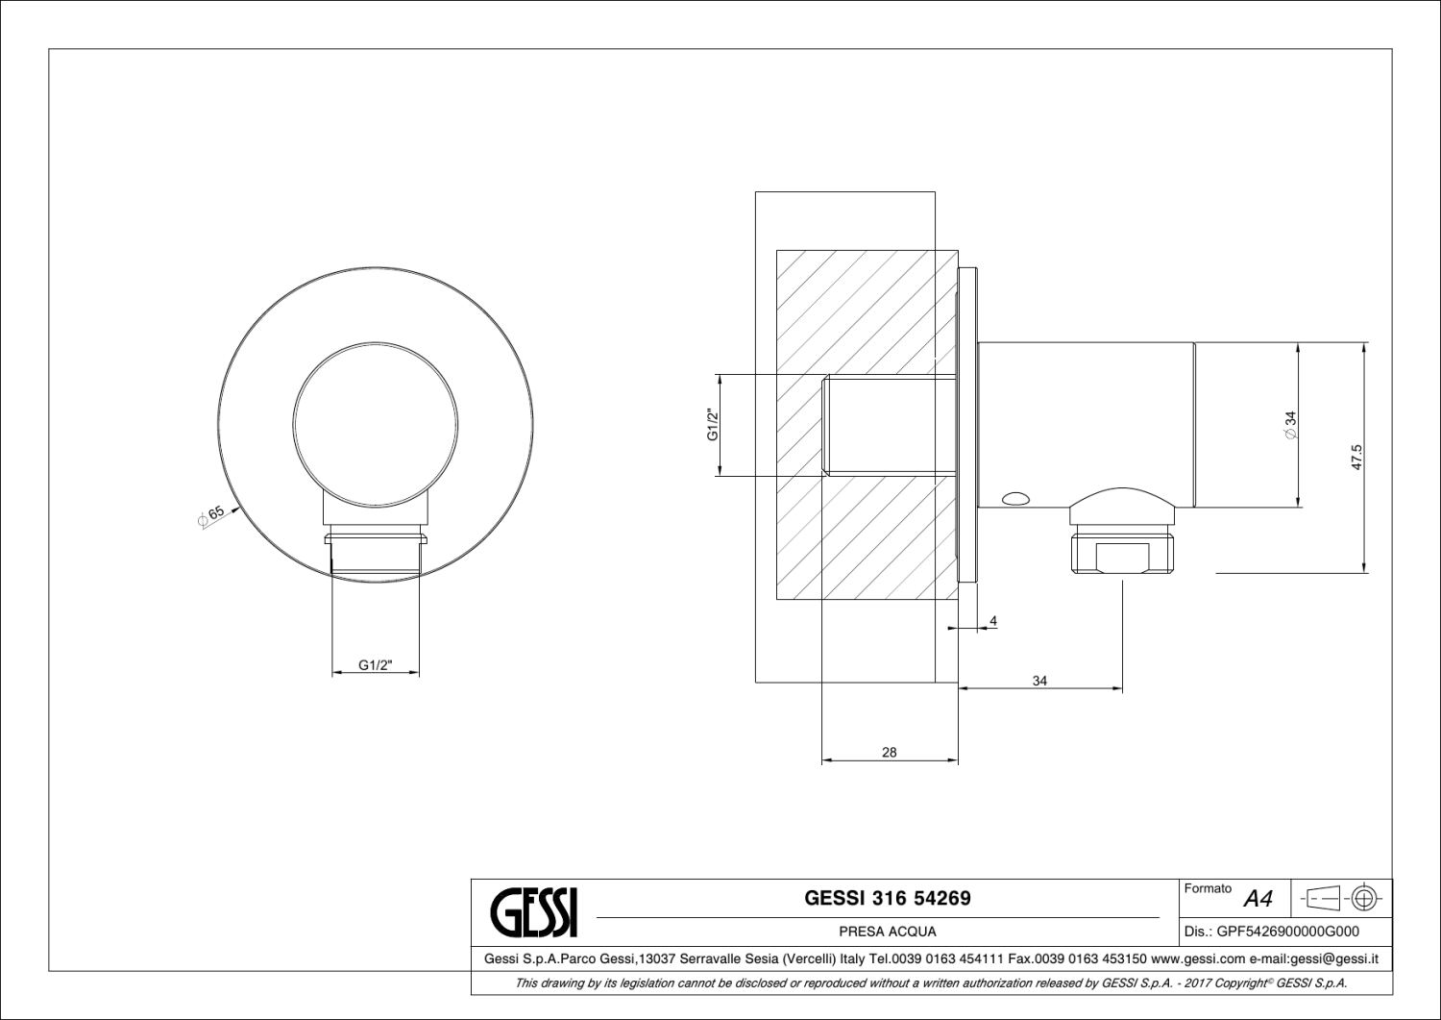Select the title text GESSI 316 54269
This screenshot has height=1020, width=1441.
(887, 898)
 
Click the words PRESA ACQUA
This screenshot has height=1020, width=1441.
(887, 932)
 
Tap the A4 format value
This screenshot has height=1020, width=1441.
(1258, 900)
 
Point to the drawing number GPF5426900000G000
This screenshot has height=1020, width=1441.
(1287, 932)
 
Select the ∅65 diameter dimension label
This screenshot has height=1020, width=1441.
(210, 516)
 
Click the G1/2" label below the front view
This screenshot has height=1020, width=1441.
(376, 664)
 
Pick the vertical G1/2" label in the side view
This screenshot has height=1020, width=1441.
(713, 425)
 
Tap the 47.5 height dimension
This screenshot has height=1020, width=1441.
(1356, 457)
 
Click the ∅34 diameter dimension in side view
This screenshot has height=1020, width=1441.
(1290, 425)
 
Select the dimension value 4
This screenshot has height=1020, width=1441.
(993, 622)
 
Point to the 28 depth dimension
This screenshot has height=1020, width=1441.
(889, 753)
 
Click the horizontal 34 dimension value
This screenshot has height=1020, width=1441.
(1039, 681)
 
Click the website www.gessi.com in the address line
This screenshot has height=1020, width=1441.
(1197, 958)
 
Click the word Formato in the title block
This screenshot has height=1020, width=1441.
(1208, 889)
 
